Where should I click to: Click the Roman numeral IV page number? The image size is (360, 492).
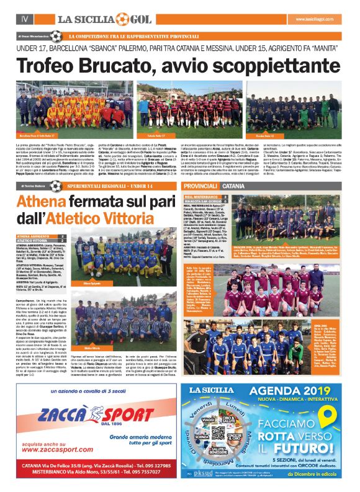point(25,20)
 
